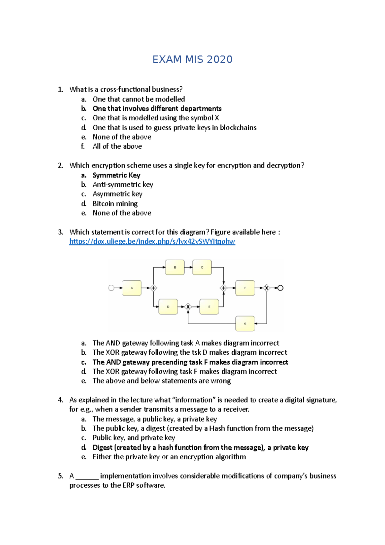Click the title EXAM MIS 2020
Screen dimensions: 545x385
click(192, 59)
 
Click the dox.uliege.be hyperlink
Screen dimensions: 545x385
click(152, 241)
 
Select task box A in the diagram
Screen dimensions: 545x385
click(132, 288)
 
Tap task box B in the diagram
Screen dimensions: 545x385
click(175, 267)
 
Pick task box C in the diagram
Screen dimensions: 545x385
click(202, 267)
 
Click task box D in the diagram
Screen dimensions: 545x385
click(168, 307)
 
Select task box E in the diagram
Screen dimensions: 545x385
click(209, 307)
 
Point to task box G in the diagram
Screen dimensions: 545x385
click(245, 324)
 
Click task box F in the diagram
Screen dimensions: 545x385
click(245, 288)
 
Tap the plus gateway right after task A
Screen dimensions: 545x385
click(153, 288)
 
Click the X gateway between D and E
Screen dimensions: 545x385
click(188, 307)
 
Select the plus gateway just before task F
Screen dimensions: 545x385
click(224, 288)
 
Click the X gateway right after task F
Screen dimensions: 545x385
click(266, 288)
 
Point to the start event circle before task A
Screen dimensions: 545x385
click(111, 288)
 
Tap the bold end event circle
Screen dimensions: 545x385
click(280, 288)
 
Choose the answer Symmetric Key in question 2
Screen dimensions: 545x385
click(116, 175)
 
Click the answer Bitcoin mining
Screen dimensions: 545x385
click(115, 203)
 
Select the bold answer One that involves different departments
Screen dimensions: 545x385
click(157, 108)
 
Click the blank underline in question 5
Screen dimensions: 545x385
click(87, 476)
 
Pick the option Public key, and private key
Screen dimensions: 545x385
click(133, 438)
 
